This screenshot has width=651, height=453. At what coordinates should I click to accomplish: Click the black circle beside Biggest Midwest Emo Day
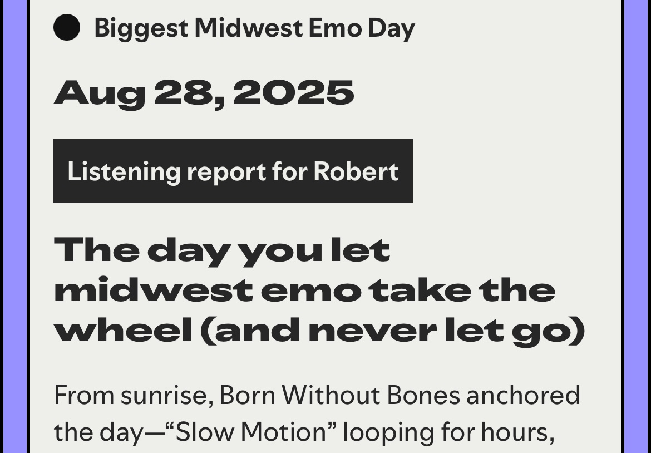(x=67, y=28)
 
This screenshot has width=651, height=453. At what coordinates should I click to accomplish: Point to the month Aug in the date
(x=99, y=93)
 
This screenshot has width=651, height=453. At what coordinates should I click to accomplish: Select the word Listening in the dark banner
(x=124, y=171)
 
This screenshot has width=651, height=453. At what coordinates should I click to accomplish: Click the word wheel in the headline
(x=122, y=331)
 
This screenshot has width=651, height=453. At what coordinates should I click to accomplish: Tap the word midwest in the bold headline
(x=153, y=290)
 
